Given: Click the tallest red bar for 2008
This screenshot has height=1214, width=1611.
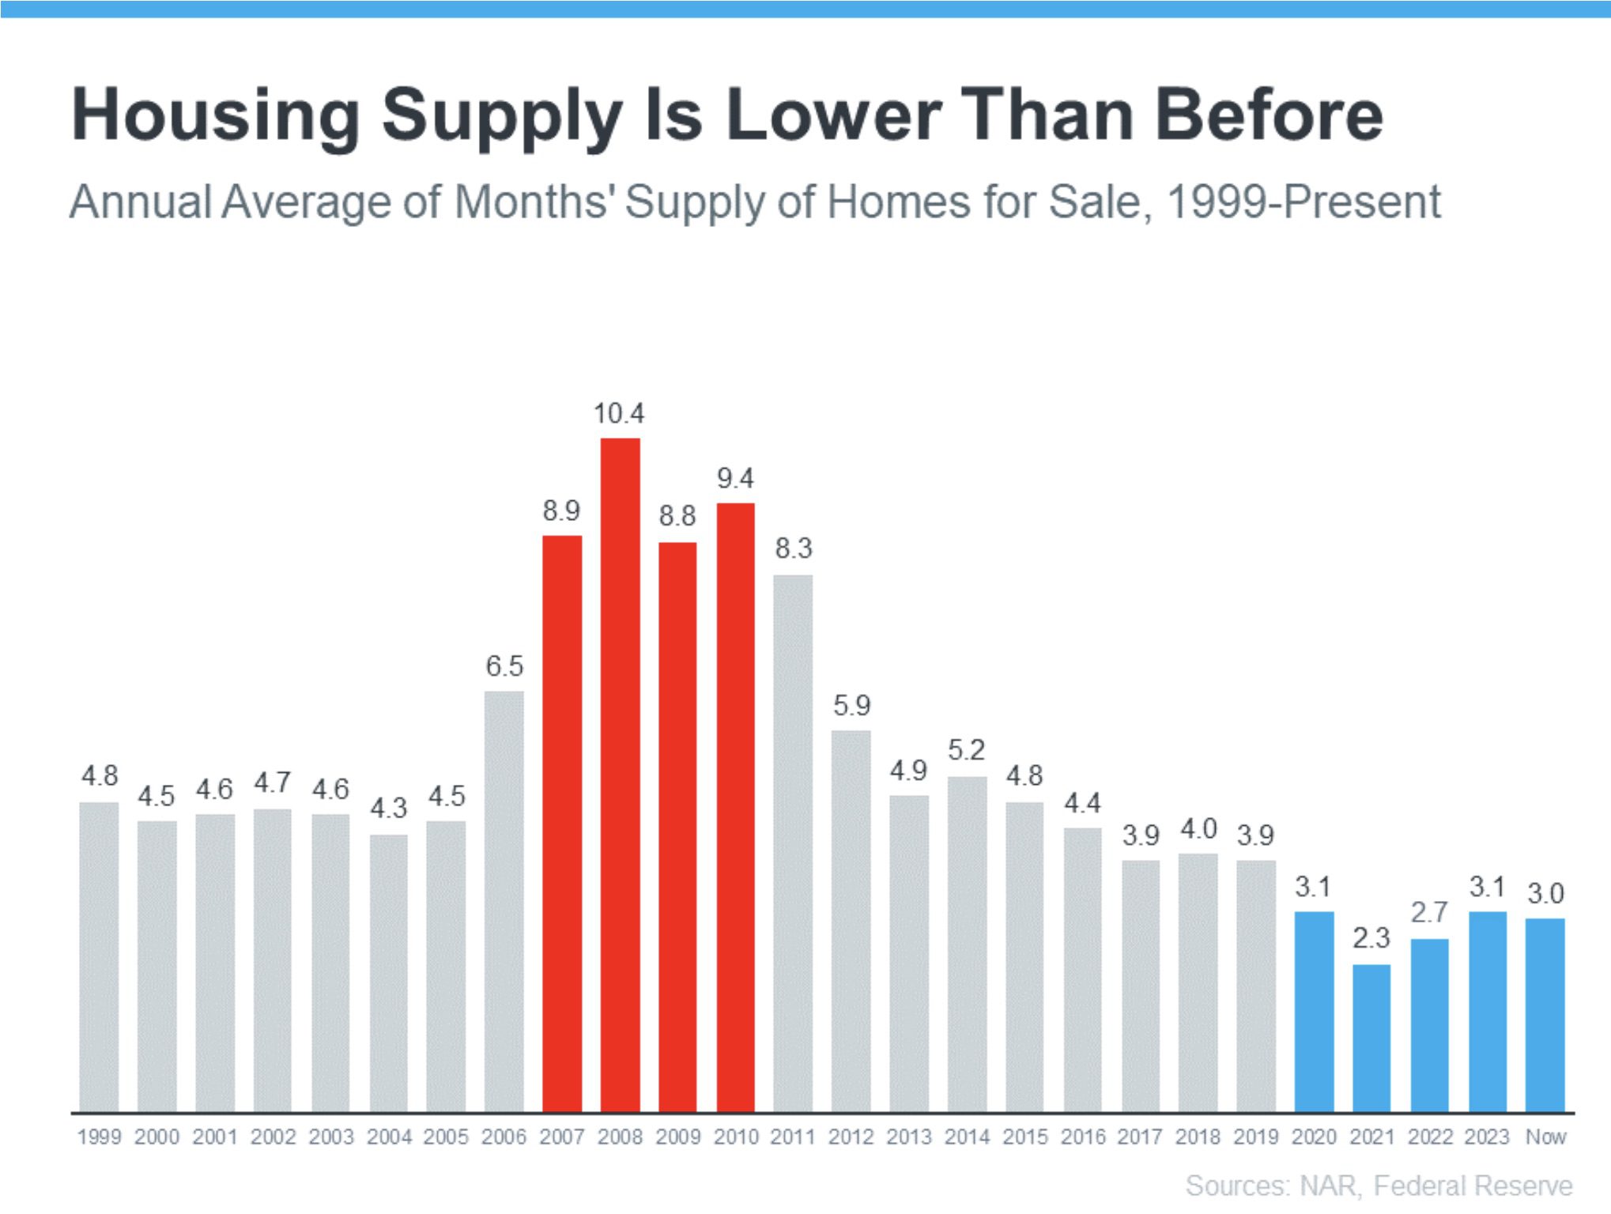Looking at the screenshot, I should (x=620, y=775).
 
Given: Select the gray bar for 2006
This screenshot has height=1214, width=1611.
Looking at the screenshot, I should (x=504, y=901).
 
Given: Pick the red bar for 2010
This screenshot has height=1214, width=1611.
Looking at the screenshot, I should (x=735, y=806).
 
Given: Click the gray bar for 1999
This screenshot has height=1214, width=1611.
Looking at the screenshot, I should (x=99, y=956).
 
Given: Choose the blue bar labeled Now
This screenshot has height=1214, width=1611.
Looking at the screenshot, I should (x=1545, y=1015).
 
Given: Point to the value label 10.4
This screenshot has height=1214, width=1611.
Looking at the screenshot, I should (x=619, y=413).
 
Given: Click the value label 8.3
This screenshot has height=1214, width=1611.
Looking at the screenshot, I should (x=793, y=548).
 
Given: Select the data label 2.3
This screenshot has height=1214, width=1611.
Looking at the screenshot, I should (x=1371, y=938).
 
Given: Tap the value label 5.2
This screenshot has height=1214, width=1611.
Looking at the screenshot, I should (x=966, y=749).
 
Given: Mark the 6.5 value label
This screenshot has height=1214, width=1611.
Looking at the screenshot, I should (x=504, y=665).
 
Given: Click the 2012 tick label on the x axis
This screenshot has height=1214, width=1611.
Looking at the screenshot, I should (x=851, y=1137).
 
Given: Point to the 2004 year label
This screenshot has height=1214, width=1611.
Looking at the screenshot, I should (x=389, y=1137).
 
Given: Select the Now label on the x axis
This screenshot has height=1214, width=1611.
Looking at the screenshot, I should (x=1545, y=1137).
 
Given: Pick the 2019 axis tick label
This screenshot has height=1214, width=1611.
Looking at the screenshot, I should (x=1255, y=1137).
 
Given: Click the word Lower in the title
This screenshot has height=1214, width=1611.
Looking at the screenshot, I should (x=833, y=115).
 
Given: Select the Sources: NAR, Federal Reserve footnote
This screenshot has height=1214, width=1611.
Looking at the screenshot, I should (x=1379, y=1186).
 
